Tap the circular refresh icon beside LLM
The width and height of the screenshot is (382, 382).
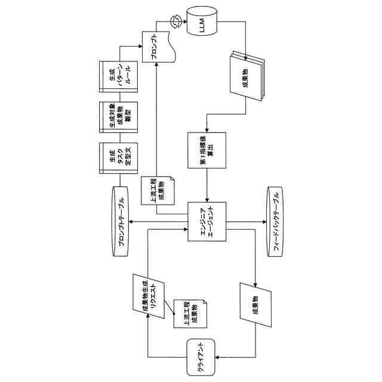click(x=177, y=22)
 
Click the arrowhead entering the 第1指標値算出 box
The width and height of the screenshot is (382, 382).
click(x=207, y=130)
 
